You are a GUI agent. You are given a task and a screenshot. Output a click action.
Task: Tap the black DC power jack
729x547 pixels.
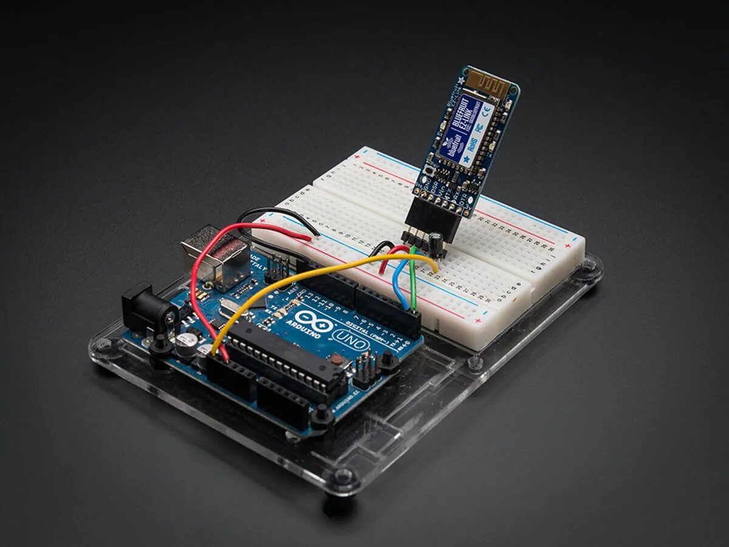click(x=146, y=310)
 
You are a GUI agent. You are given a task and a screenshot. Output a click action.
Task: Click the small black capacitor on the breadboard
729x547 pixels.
click(x=436, y=241)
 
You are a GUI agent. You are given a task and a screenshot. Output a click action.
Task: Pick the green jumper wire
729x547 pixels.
click(x=412, y=280)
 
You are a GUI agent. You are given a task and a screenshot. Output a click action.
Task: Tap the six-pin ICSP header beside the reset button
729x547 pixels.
click(x=364, y=368)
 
